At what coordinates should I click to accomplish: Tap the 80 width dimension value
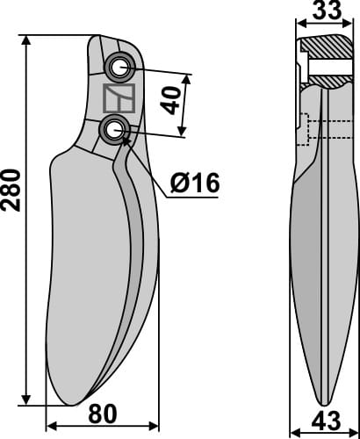tap(103, 413)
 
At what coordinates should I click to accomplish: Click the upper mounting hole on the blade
tap(118, 68)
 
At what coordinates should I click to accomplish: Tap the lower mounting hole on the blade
tap(114, 129)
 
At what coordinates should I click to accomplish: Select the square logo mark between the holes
tap(117, 98)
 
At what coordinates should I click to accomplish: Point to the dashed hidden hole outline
tap(304, 130)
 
